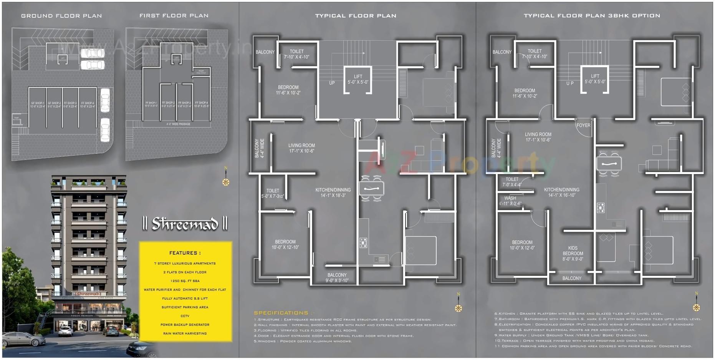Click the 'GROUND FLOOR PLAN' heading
pyautogui.click(x=61, y=16)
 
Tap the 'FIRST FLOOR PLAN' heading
pyautogui.click(x=174, y=16)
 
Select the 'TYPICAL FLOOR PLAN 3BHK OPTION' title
pyautogui.click(x=592, y=16)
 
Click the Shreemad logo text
pyautogui.click(x=185, y=224)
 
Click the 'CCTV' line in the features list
pyautogui.click(x=185, y=316)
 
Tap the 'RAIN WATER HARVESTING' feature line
pyautogui.click(x=185, y=333)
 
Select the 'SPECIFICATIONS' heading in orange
pyautogui.click(x=281, y=313)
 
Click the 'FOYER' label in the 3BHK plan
pyautogui.click(x=583, y=125)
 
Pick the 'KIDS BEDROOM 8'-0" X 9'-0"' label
pyautogui.click(x=573, y=254)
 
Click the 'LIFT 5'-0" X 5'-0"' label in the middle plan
pyautogui.click(x=358, y=79)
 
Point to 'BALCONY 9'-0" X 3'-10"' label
pyautogui.click(x=337, y=278)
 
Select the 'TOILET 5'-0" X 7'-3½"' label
pyautogui.click(x=273, y=193)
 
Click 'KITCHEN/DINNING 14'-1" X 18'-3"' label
pyautogui.click(x=333, y=192)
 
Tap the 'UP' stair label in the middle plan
pyautogui.click(x=332, y=83)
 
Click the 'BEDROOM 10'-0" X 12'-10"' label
pyautogui.click(x=285, y=244)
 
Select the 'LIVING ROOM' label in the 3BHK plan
pyautogui.click(x=538, y=137)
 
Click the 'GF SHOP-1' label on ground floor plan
pyautogui.click(x=38, y=105)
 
